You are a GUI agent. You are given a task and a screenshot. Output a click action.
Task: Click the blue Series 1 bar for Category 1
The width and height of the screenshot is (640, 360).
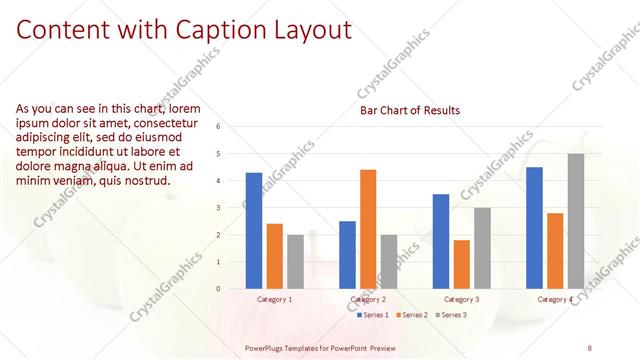coord(254,231)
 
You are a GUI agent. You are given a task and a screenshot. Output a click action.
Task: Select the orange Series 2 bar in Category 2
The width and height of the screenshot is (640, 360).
coord(368,229)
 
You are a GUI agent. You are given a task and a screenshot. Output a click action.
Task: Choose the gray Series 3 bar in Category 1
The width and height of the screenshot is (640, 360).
coord(295,262)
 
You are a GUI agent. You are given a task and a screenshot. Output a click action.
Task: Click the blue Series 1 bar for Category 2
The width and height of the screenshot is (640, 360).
coord(347,255)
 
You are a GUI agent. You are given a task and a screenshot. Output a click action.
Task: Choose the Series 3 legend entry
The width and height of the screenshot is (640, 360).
coord(451,315)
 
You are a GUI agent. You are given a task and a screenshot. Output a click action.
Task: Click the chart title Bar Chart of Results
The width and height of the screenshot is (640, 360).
coord(410,110)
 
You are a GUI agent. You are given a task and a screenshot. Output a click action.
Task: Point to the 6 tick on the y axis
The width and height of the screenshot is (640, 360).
coord(231,127)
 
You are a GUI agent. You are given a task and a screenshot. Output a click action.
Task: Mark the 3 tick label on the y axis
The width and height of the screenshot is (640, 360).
coord(231,208)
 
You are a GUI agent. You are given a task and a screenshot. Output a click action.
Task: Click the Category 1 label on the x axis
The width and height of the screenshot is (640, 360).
coord(275,299)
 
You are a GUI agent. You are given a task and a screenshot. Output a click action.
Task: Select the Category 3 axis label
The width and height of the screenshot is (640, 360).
coord(461,299)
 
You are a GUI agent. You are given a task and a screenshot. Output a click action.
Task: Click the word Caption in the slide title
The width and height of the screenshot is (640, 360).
coord(226,30)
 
